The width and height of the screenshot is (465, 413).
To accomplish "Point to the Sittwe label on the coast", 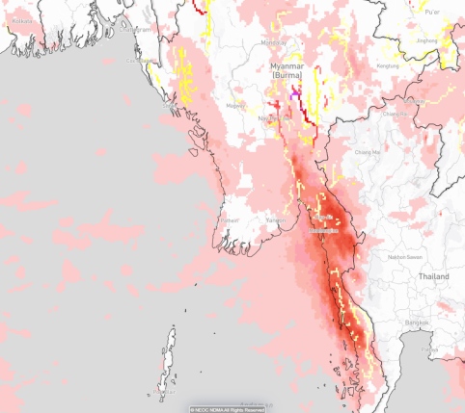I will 140,62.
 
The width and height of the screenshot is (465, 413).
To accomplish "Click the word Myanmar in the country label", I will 286,65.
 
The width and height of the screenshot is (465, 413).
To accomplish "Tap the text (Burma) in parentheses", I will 286,75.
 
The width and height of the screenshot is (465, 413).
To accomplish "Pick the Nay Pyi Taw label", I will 271,118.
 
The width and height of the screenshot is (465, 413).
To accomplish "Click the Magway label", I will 234,105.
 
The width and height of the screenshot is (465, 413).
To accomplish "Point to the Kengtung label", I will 387,66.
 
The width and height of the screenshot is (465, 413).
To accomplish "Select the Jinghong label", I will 426,40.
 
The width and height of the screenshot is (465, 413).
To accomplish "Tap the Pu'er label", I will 432,13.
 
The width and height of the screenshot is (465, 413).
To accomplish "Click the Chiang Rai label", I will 396,113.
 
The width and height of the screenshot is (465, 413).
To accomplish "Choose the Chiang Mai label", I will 368,151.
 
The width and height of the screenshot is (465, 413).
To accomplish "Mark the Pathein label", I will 230,220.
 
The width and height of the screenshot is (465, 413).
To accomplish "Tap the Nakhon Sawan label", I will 404,257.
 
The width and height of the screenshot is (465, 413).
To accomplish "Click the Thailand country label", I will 433,276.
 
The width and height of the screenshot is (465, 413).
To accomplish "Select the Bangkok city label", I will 417,322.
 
